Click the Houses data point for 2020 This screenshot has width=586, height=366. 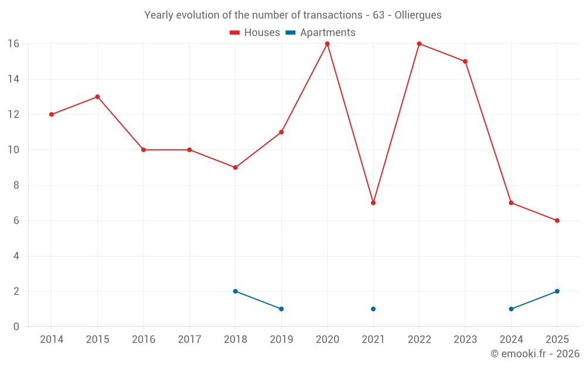tap(327, 44)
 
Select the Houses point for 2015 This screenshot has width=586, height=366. tap(97, 97)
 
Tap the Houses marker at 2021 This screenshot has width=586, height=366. tap(373, 203)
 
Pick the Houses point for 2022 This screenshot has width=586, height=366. tap(419, 44)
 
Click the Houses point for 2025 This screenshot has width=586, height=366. tap(557, 221)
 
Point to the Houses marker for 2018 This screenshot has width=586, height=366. tap(235, 167)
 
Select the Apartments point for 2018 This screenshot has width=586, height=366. tap(235, 291)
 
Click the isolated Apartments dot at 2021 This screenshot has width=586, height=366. tap(373, 309)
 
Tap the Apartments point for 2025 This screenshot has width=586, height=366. tap(557, 291)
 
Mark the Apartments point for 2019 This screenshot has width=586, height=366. tap(281, 309)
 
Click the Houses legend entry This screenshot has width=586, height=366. tap(255, 33)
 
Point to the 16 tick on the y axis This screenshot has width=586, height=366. tap(13, 44)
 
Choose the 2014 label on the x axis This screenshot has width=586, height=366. tap(52, 340)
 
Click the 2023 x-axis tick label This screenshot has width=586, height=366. tap(465, 340)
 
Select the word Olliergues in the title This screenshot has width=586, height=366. tap(418, 15)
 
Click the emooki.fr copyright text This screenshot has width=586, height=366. tap(535, 354)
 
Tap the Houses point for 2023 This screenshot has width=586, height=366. tap(465, 61)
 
